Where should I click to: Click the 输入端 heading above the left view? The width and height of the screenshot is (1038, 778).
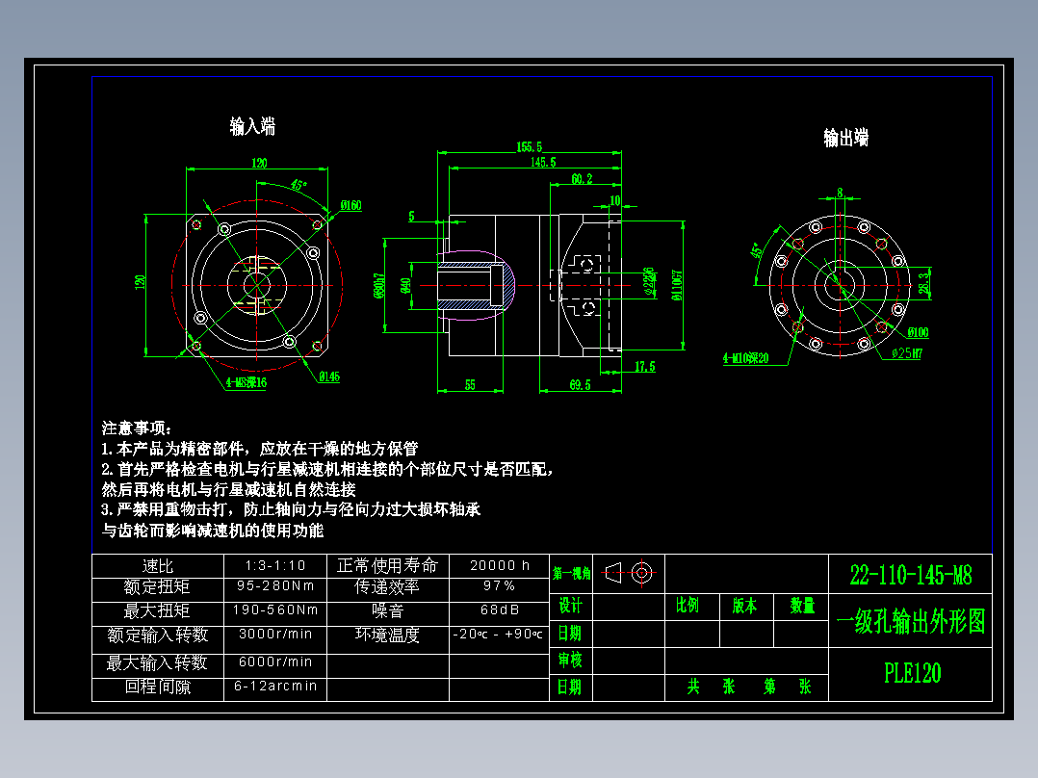point(252,126)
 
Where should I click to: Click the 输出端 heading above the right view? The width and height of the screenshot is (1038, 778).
point(845,138)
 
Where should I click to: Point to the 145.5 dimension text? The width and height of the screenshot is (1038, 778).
point(542,163)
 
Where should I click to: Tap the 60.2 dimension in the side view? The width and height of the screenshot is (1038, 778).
point(581,179)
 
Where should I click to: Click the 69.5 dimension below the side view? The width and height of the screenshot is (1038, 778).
point(580,385)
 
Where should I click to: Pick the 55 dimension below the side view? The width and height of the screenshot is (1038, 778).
point(470,385)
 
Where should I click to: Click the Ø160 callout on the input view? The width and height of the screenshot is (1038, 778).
point(350,205)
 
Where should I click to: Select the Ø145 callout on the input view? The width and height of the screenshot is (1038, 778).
point(329,376)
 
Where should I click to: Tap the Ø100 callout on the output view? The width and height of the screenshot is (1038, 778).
point(918,332)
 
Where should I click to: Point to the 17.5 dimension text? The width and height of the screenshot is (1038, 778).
point(645,367)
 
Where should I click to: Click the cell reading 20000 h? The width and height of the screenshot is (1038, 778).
point(500,565)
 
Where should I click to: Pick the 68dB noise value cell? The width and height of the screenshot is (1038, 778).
point(500,609)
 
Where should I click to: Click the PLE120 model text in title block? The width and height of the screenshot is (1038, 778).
point(912,673)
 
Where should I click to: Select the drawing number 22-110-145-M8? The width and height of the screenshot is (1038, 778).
point(911,576)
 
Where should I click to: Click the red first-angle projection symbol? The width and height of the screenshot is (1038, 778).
point(631,573)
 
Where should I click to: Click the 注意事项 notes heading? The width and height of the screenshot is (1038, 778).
point(136,428)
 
